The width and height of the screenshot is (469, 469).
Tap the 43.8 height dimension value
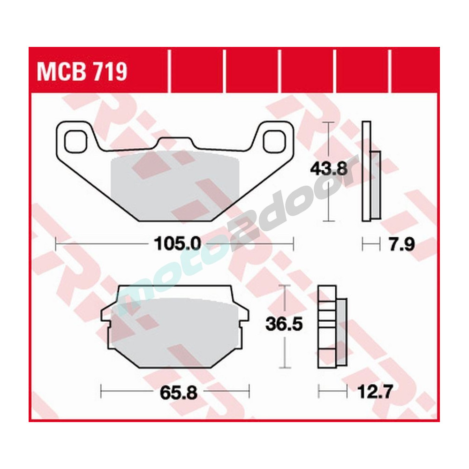[x=328, y=167]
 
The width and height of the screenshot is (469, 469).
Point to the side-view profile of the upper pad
[x=371, y=171]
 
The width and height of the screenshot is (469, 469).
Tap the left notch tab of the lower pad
[x=107, y=315]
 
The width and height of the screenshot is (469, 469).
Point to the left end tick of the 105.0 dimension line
[x=56, y=244]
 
